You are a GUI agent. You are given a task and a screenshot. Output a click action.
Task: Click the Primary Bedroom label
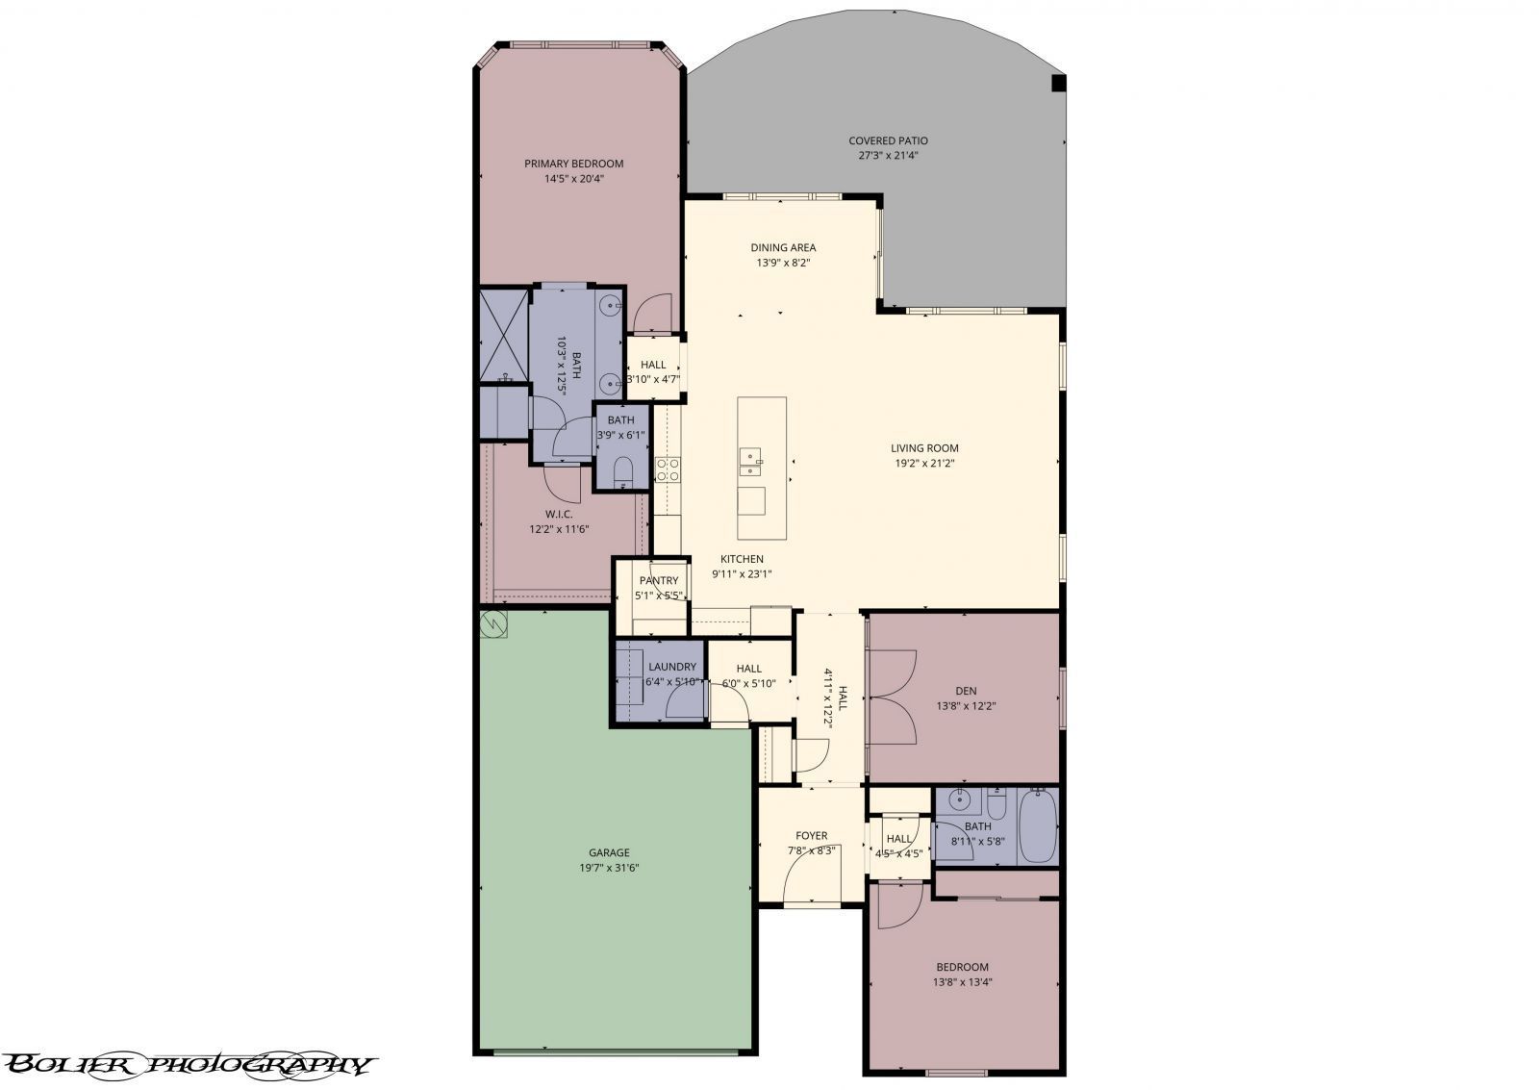click(x=573, y=164)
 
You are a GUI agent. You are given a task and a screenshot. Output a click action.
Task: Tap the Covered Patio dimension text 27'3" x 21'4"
click(x=888, y=156)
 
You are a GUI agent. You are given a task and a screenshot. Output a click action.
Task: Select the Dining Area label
click(x=783, y=247)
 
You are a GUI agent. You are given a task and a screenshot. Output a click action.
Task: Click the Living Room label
click(x=924, y=447)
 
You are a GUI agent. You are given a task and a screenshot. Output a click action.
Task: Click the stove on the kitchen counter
click(x=667, y=469)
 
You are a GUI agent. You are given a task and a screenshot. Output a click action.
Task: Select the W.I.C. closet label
click(x=558, y=514)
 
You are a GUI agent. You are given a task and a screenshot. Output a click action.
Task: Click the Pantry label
click(x=659, y=580)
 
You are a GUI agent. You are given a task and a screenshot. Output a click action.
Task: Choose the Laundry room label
click(x=671, y=667)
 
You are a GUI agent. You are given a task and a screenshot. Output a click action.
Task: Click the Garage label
click(x=609, y=852)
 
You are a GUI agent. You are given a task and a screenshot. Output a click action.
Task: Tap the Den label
click(x=966, y=691)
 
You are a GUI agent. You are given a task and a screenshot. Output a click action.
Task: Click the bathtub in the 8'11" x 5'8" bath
click(x=1037, y=826)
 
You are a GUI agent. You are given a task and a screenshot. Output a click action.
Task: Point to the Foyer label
click(x=811, y=836)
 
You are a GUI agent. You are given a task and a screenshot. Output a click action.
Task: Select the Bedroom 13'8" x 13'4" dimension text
click(x=962, y=982)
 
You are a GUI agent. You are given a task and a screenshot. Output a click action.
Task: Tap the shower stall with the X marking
click(x=504, y=334)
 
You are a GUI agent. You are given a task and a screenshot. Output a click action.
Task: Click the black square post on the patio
click(x=1058, y=83)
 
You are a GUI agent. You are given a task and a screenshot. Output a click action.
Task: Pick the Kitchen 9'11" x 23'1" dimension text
click(x=741, y=574)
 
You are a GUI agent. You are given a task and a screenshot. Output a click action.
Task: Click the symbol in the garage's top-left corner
click(x=493, y=623)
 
